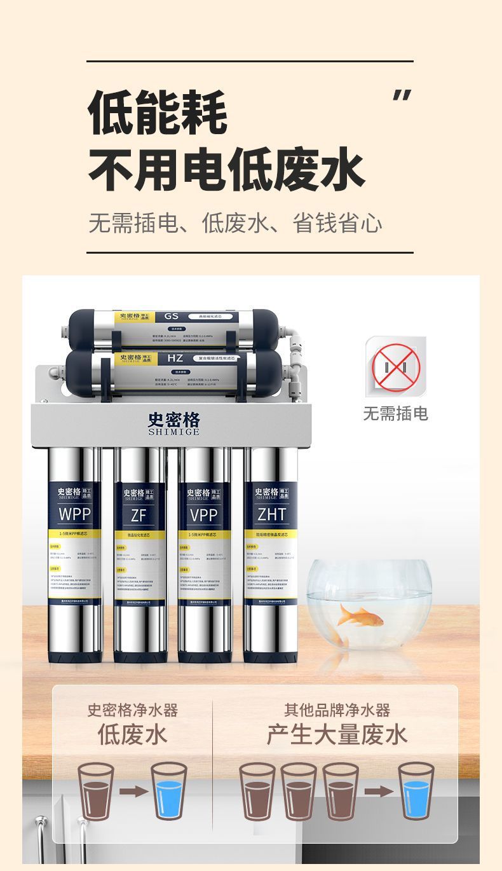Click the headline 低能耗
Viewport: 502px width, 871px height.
click(x=158, y=113)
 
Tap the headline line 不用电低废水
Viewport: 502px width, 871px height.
click(x=226, y=170)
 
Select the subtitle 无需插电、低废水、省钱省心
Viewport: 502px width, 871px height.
click(x=235, y=224)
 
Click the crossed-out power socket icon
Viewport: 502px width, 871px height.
click(x=396, y=367)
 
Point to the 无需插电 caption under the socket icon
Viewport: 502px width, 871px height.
click(x=395, y=414)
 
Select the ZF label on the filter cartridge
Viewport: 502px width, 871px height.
click(x=139, y=515)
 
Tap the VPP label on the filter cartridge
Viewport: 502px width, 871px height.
click(x=203, y=514)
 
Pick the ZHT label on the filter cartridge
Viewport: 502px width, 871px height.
click(x=271, y=514)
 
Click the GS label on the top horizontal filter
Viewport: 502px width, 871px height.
click(x=172, y=316)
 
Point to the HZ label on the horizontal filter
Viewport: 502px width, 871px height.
click(x=175, y=358)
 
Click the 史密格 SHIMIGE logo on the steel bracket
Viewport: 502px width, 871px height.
click(x=173, y=423)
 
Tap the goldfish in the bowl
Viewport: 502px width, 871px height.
click(x=360, y=616)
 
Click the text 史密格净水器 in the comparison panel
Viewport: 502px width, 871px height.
click(x=132, y=710)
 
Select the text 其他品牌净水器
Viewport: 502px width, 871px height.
click(x=337, y=710)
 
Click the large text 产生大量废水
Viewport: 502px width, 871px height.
click(x=337, y=735)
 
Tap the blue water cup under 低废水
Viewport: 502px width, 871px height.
click(x=169, y=792)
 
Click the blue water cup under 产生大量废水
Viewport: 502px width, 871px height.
click(x=416, y=792)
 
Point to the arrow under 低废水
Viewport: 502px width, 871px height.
click(x=133, y=792)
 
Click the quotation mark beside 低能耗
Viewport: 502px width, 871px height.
click(x=401, y=95)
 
